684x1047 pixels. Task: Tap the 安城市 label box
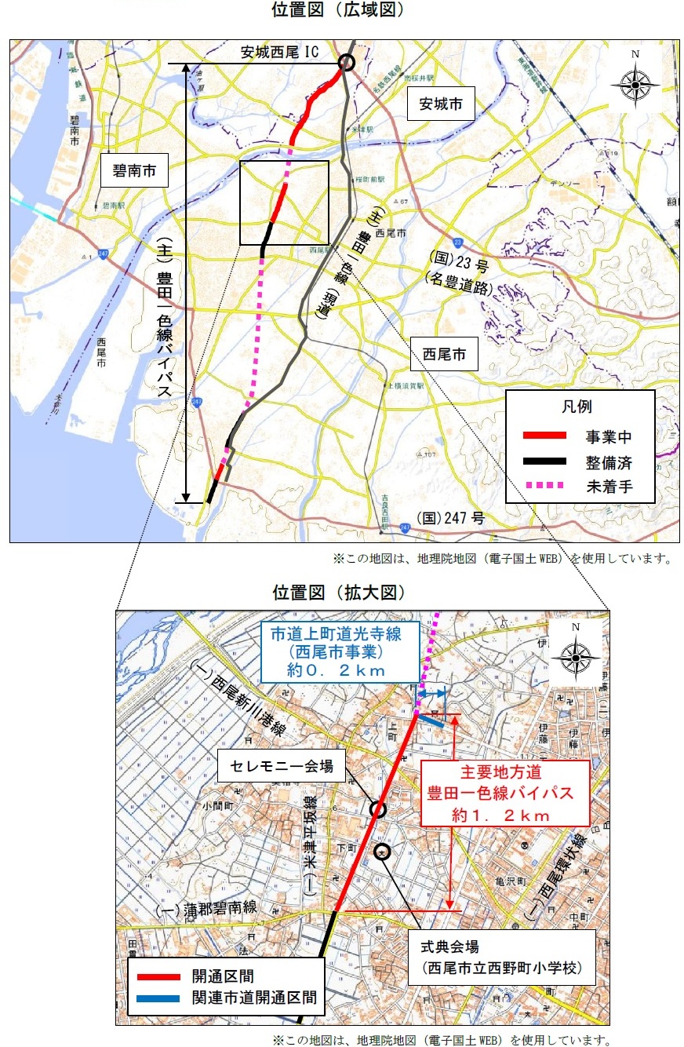point(441,103)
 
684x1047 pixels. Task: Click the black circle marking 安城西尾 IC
point(346,62)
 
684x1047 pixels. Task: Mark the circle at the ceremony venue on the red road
point(378,809)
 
